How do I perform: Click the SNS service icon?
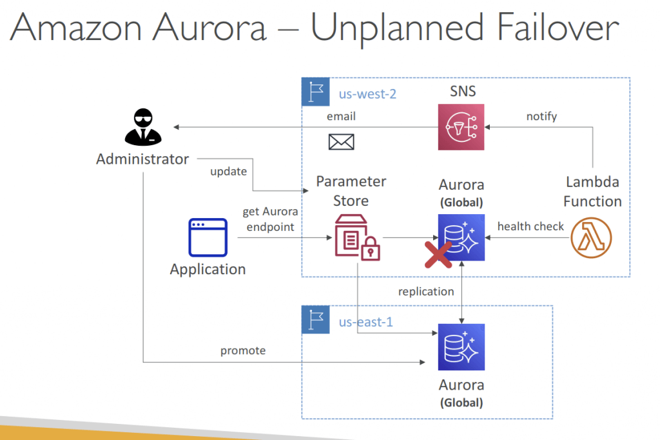coord(461,127)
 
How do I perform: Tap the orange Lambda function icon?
coord(591,237)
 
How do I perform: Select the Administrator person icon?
coord(143,127)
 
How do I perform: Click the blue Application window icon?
coord(208,237)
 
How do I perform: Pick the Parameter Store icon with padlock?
coord(357,237)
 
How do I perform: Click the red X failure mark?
coord(438,255)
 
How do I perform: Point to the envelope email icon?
coord(341,142)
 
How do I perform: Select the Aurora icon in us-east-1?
coord(461,347)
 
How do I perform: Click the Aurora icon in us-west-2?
coord(461,237)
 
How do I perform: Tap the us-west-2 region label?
coord(367,94)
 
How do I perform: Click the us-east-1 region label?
coord(366,322)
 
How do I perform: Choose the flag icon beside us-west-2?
coord(316,92)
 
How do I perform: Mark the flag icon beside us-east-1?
coord(316,319)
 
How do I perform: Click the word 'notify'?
coord(541,116)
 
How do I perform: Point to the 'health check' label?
coord(530,226)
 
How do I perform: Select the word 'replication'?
coord(426,292)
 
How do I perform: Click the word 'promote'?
coord(243,351)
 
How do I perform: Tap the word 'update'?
coord(229,172)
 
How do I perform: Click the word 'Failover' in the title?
coord(558,27)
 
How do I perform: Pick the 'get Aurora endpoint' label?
coord(270,219)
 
